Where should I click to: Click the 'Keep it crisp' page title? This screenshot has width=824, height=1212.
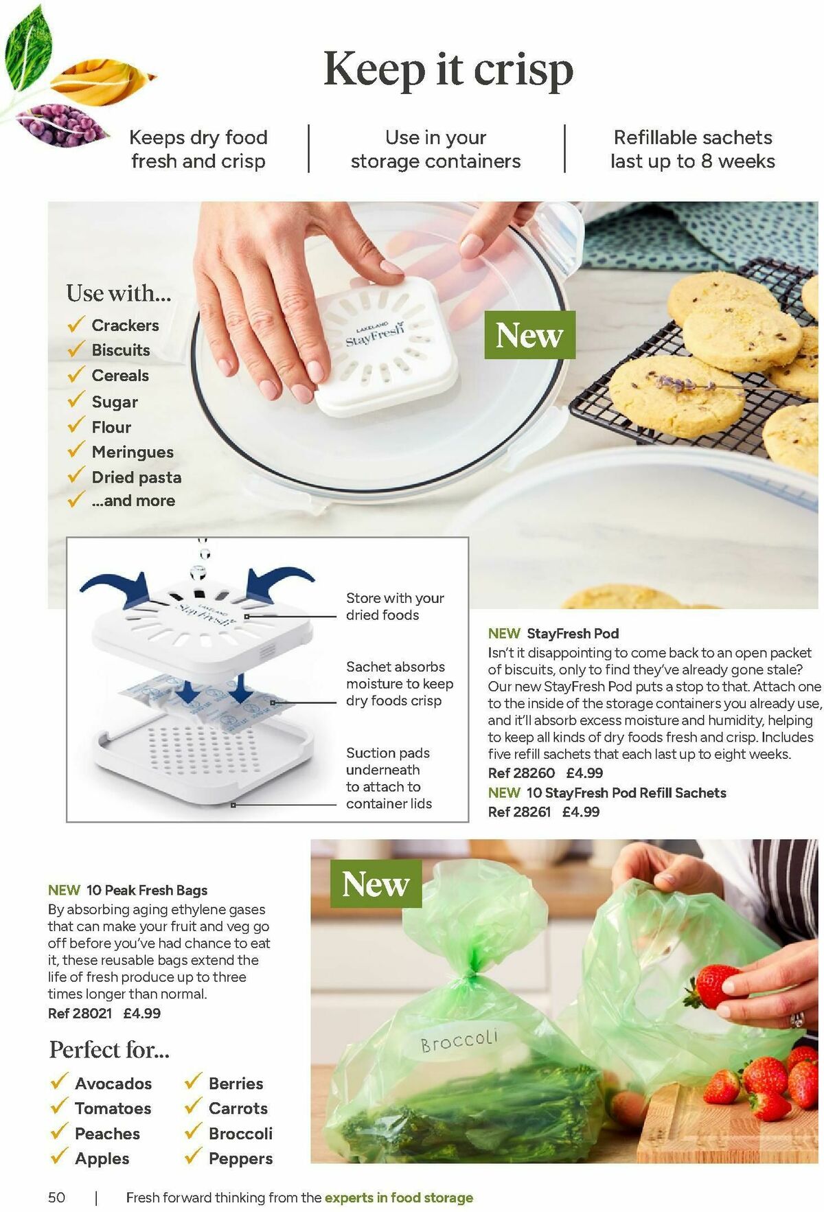pyautogui.click(x=448, y=70)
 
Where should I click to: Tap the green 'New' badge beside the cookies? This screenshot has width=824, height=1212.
pyautogui.click(x=529, y=334)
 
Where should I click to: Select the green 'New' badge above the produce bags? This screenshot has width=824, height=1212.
pyautogui.click(x=376, y=883)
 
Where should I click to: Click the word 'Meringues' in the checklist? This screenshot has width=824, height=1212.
pyautogui.click(x=133, y=452)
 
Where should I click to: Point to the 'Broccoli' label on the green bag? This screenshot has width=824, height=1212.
pyautogui.click(x=459, y=1040)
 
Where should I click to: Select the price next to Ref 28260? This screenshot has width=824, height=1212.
pyautogui.click(x=584, y=773)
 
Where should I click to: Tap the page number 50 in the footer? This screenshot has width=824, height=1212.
pyautogui.click(x=56, y=1197)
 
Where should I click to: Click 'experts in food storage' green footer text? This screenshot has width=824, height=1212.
pyautogui.click(x=399, y=1198)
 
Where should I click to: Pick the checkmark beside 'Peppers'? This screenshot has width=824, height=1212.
pyautogui.click(x=194, y=1157)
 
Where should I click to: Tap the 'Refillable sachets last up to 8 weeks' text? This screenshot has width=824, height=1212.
pyautogui.click(x=693, y=149)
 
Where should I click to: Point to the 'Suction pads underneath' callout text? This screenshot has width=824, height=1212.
pyautogui.click(x=388, y=762)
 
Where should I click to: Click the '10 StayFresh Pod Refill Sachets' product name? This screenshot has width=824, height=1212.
pyautogui.click(x=626, y=792)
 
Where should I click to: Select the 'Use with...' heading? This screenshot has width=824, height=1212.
pyautogui.click(x=119, y=293)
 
